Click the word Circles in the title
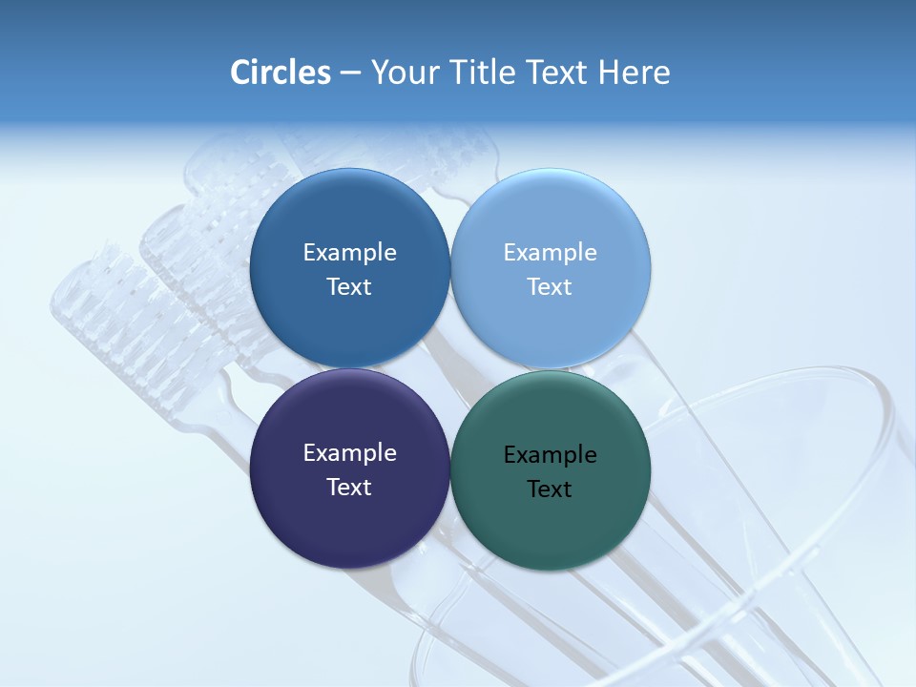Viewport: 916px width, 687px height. [280, 73]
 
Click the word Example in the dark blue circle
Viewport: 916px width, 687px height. [349, 253]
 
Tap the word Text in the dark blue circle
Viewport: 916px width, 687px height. [349, 287]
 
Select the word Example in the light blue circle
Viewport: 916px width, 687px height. [550, 253]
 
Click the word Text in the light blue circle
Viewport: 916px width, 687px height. [550, 287]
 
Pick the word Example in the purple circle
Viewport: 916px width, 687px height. [349, 453]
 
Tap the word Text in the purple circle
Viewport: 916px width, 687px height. [349, 488]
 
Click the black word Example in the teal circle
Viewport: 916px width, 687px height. [550, 455]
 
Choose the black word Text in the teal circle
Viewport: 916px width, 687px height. [550, 489]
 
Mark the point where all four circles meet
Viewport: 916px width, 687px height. [450, 368]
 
